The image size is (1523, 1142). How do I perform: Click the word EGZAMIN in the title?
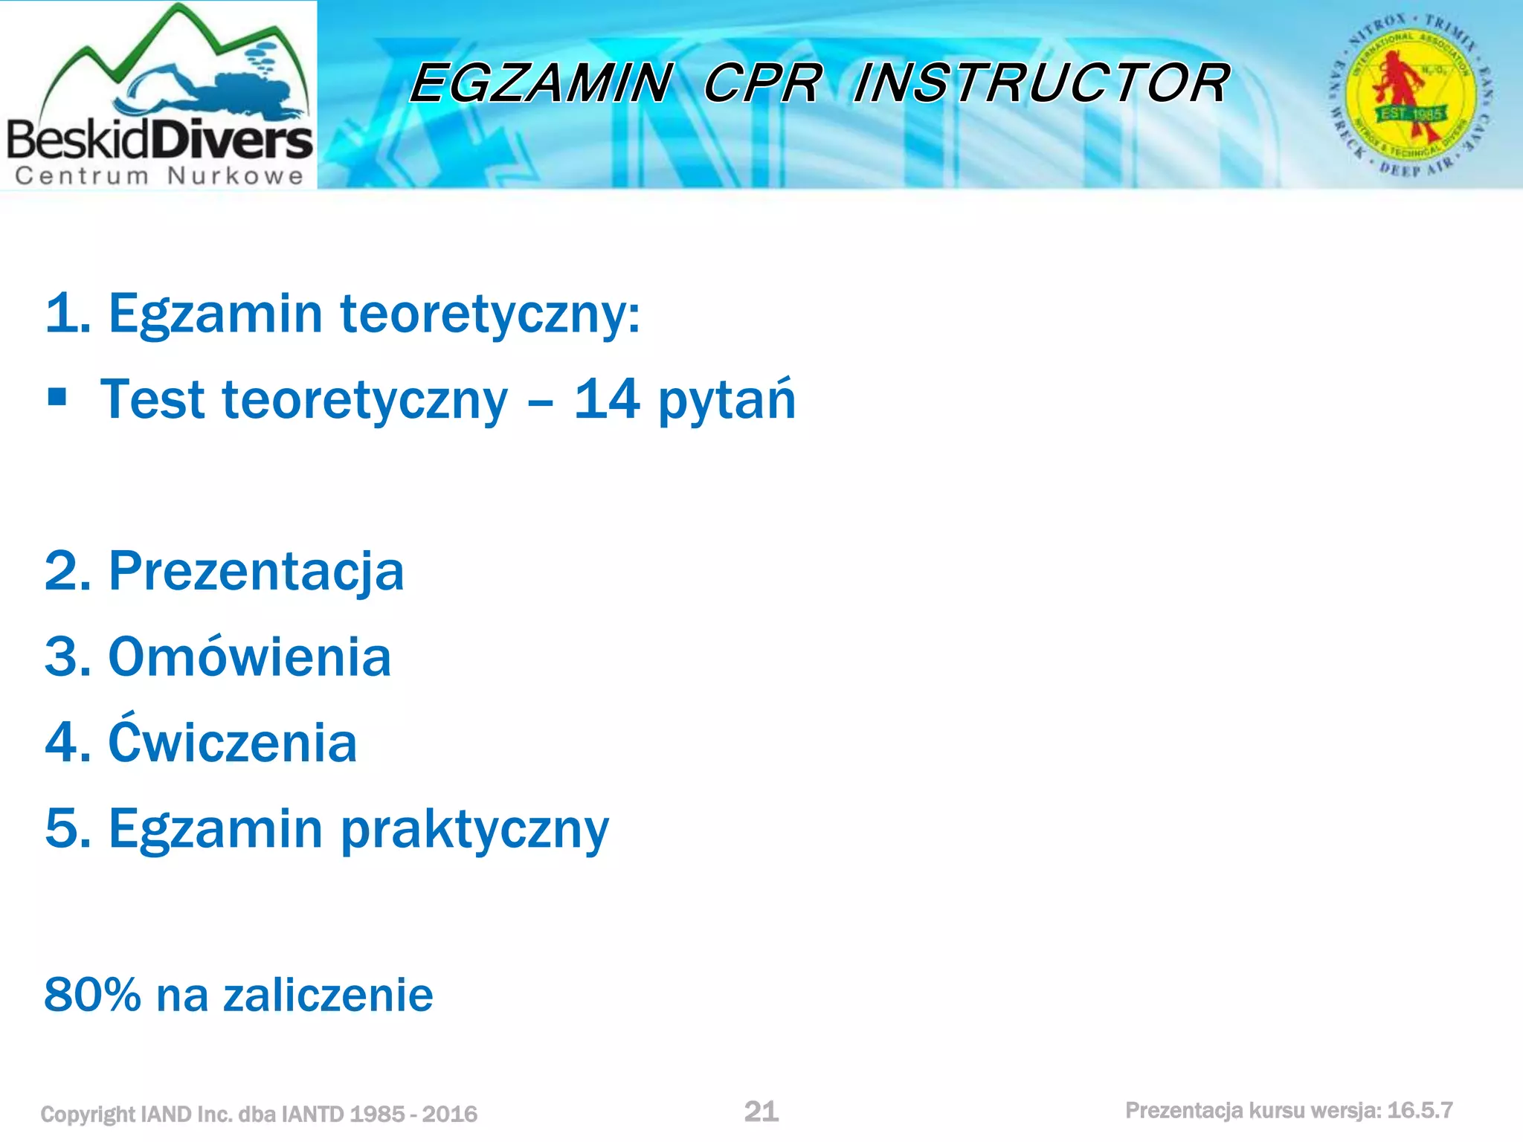541,83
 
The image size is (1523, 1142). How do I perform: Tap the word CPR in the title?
762,83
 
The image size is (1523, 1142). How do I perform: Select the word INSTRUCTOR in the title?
1041,83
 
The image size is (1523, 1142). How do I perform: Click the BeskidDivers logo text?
159,140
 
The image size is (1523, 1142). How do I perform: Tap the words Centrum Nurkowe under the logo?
159,176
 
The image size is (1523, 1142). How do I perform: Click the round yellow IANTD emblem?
1411,95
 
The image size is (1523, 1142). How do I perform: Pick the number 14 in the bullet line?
606,399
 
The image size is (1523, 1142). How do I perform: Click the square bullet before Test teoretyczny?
57,397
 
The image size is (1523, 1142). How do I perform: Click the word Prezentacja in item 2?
256,572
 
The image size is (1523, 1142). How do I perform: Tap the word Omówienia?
249,657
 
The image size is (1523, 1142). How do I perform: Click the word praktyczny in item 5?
474,830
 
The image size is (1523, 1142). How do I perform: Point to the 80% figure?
92,995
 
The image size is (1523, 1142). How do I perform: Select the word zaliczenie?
328,995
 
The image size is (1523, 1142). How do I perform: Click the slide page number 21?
761,1111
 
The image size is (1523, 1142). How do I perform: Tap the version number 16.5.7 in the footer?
1420,1110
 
